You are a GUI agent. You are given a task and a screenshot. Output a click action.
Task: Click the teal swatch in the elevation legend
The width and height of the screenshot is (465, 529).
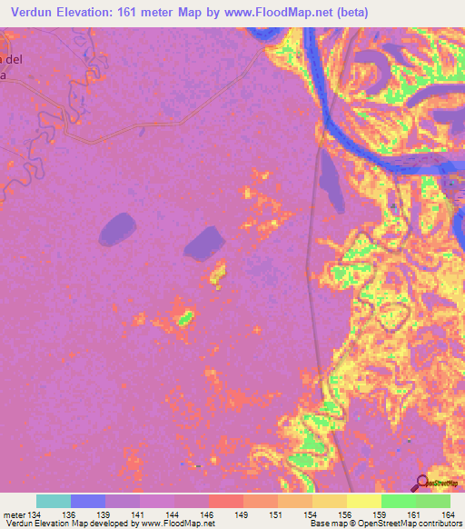54,501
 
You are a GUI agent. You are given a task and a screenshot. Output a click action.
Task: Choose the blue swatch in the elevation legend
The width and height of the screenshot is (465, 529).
88,501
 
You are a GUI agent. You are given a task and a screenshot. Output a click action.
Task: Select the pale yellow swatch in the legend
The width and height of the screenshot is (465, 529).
364,501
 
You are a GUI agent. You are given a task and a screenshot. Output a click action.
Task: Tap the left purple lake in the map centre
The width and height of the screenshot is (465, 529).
116,228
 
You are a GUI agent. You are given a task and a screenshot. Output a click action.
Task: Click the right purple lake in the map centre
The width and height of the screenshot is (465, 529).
203,242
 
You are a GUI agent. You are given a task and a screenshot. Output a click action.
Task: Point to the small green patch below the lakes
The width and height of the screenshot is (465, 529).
185,318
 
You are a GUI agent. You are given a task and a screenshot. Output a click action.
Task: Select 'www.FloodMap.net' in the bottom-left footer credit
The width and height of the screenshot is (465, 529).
175,524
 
